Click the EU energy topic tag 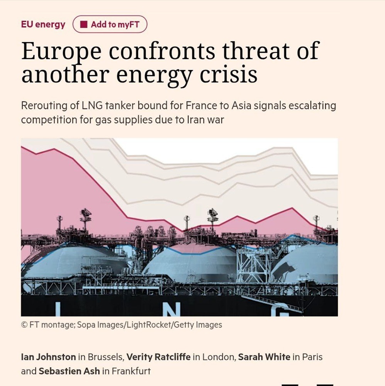[43, 25]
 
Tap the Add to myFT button [110, 25]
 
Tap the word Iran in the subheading [196, 120]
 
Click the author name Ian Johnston [48, 357]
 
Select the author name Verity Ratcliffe [158, 357]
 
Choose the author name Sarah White [264, 357]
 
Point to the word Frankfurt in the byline [131, 371]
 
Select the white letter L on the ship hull [58, 309]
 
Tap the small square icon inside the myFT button [84, 25]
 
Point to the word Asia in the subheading [242, 106]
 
